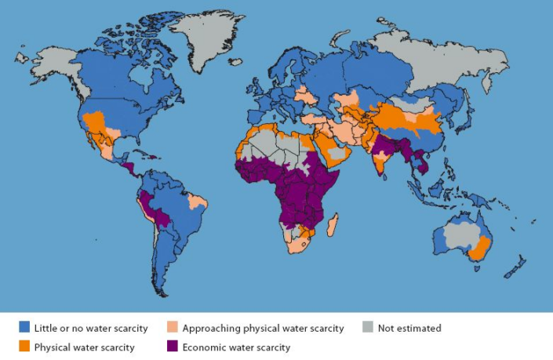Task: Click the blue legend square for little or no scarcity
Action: tap(25, 328)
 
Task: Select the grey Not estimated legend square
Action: tap(369, 328)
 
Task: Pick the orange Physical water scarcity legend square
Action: tap(25, 347)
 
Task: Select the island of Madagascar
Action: tap(333, 224)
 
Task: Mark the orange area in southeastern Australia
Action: tap(479, 250)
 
